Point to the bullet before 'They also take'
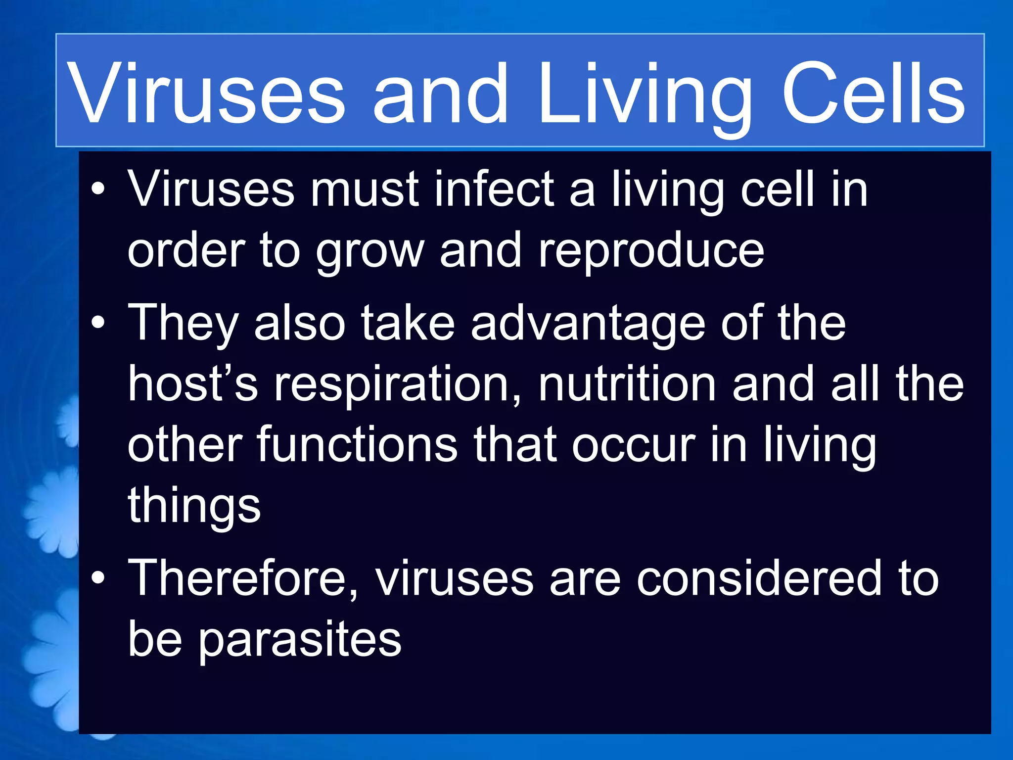pos(98,323)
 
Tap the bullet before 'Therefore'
pos(98,577)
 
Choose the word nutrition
pos(627,384)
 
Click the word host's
pos(193,384)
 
